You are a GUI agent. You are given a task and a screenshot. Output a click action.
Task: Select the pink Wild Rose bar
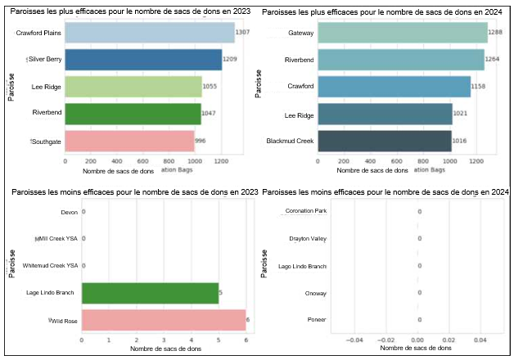point(164,320)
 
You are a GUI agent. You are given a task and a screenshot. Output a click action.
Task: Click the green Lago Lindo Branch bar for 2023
point(150,293)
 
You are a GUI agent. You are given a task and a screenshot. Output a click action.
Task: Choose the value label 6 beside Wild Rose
point(249,320)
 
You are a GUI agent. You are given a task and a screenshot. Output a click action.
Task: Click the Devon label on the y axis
point(70,213)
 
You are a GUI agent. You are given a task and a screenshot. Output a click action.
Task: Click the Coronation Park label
point(306,211)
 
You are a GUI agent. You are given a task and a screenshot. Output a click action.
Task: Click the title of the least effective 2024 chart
point(388,191)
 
